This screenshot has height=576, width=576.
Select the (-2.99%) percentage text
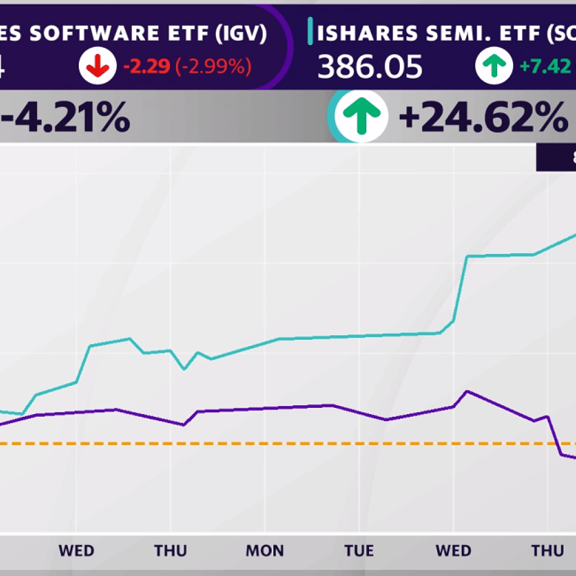coord(213,67)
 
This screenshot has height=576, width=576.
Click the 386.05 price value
coord(370,67)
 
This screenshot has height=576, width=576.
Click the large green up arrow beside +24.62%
coord(361,116)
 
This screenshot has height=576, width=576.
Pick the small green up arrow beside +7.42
coord(494,66)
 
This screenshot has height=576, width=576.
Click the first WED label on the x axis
coord(76,550)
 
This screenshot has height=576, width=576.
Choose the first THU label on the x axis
coord(170,550)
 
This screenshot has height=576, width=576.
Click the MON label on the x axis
coord(264,550)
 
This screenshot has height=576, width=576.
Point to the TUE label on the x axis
coord(358,550)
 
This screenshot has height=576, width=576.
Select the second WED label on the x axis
coord(453,550)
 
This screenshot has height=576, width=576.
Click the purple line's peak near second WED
coord(467,391)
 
